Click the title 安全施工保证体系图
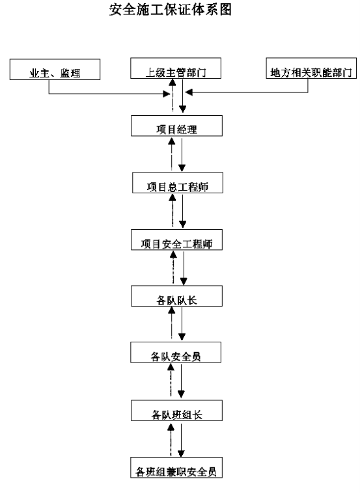click(x=171, y=10)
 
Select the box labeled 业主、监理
click(x=55, y=69)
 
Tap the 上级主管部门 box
click(x=176, y=68)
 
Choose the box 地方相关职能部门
click(x=311, y=68)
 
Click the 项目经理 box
click(x=176, y=126)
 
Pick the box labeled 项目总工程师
click(x=178, y=183)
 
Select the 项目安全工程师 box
click(x=176, y=240)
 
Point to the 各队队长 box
click(x=176, y=296)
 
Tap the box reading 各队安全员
click(x=176, y=352)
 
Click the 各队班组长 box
click(x=176, y=411)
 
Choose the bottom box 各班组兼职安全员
click(x=176, y=467)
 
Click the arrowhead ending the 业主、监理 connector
click(x=167, y=94)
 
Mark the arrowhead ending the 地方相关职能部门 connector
click(x=189, y=92)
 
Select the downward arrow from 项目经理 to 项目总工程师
click(x=182, y=155)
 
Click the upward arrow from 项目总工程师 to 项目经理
click(x=171, y=154)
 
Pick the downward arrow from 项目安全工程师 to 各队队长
click(x=184, y=268)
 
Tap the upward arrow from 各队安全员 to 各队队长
click(x=171, y=323)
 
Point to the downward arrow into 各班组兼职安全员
click(x=181, y=440)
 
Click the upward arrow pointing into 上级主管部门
click(x=172, y=95)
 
